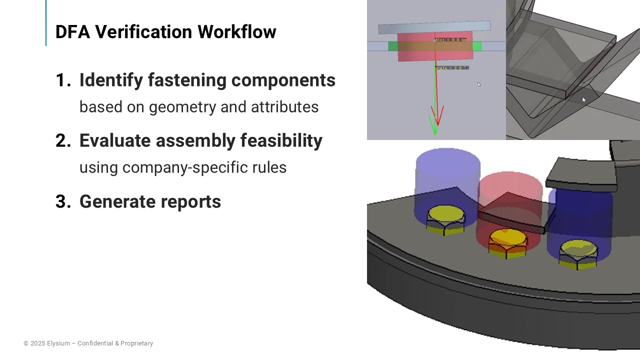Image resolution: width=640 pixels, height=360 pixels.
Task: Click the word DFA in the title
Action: [73, 32]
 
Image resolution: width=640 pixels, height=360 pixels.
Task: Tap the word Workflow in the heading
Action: [236, 32]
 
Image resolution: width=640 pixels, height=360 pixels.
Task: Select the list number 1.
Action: [62, 80]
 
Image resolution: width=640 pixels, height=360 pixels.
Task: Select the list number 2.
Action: [63, 141]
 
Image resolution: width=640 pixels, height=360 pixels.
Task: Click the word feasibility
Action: [281, 141]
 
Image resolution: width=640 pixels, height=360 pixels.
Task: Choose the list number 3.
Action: [63, 201]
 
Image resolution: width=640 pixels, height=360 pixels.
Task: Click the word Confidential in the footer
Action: [95, 343]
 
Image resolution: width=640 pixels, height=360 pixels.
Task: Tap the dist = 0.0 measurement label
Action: [451, 40]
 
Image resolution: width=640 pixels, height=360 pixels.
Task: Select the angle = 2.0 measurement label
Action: [451, 67]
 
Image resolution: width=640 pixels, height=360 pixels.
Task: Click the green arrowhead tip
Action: [434, 133]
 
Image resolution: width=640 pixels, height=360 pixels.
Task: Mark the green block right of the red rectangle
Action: [477, 46]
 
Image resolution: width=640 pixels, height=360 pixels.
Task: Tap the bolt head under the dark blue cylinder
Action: [578, 250]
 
